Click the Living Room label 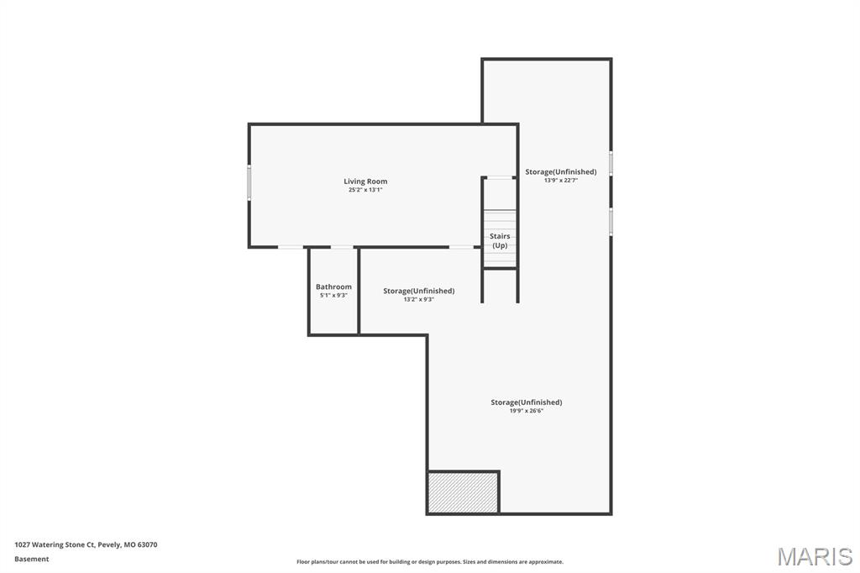point(365,181)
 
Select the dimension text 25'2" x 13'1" point(365,191)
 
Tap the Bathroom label point(333,286)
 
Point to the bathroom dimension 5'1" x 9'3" point(333,296)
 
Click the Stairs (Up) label point(500,240)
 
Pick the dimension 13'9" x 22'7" point(561,181)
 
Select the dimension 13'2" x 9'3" point(418,299)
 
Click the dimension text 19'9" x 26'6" point(527,411)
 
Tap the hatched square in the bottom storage point(463,492)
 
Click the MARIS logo point(814,556)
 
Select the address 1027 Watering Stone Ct point(86,544)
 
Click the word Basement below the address point(32,559)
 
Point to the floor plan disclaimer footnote point(429,562)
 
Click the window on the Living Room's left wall point(249,182)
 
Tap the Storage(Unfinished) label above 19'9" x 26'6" point(527,402)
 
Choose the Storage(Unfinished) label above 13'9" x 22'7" point(561,171)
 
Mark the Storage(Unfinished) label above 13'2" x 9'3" point(418,291)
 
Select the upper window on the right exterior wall point(611,163)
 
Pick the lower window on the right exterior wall point(611,222)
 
